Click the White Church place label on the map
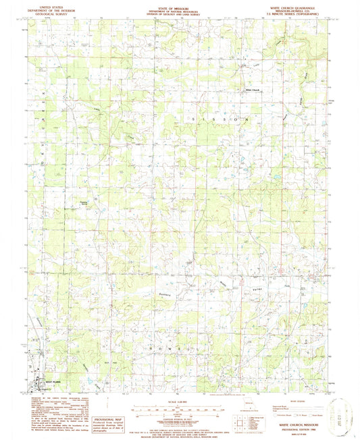tap(251, 90)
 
